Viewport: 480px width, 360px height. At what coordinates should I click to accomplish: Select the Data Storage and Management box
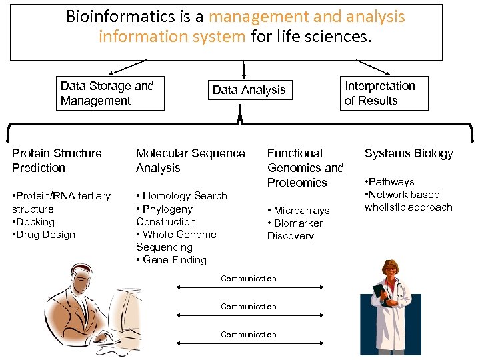(x=109, y=93)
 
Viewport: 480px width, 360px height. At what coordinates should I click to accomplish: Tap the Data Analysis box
(x=249, y=90)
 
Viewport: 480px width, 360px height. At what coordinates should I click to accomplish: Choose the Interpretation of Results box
(x=384, y=93)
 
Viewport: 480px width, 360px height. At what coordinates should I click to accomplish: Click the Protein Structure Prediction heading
(x=57, y=161)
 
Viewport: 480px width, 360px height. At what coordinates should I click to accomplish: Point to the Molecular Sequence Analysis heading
(x=190, y=161)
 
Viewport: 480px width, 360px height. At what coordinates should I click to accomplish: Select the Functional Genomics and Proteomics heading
(x=305, y=168)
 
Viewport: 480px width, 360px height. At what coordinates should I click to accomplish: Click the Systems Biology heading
(x=409, y=153)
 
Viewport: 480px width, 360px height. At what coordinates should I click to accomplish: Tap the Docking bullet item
(x=35, y=222)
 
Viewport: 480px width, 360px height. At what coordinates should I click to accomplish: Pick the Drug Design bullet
(x=45, y=235)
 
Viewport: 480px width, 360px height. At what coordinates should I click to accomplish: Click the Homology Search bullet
(x=182, y=196)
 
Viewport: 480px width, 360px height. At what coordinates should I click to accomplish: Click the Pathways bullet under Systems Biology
(x=390, y=182)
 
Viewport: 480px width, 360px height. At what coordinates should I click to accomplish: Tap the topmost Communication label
(x=249, y=279)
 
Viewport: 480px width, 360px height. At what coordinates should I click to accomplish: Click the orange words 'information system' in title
(x=172, y=36)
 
